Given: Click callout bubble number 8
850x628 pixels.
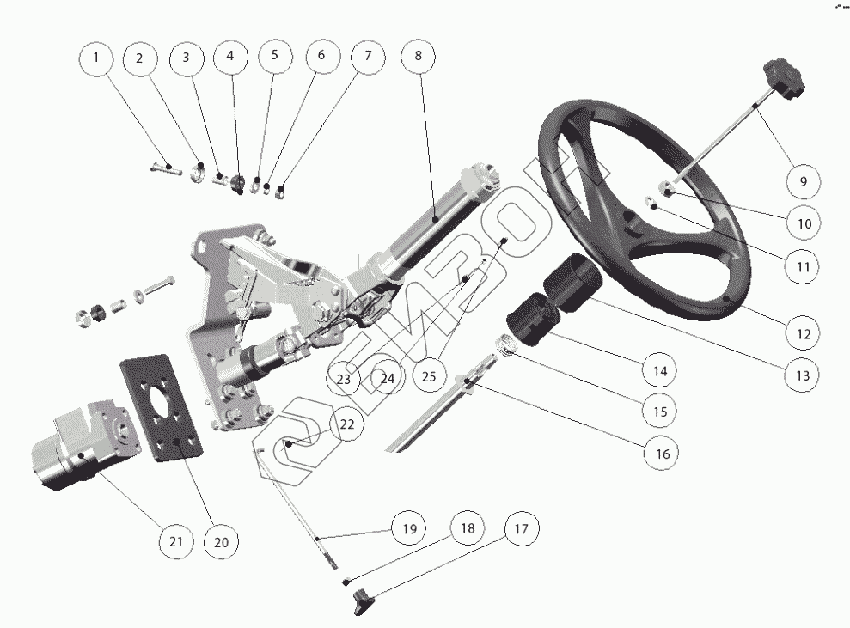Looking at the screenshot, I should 419,58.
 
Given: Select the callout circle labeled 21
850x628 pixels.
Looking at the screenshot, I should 175,541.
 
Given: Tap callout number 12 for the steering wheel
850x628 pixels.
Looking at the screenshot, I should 802,332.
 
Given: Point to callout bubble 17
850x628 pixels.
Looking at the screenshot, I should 523,530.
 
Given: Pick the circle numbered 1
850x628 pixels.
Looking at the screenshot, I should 96,58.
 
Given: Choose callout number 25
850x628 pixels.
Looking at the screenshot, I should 430,375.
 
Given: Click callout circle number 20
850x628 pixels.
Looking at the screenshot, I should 221,541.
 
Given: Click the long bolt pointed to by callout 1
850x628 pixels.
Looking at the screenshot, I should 163,168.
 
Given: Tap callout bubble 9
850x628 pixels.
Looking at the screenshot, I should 804,181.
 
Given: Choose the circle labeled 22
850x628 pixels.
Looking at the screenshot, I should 346,424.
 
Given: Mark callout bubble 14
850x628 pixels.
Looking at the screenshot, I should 660,371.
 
